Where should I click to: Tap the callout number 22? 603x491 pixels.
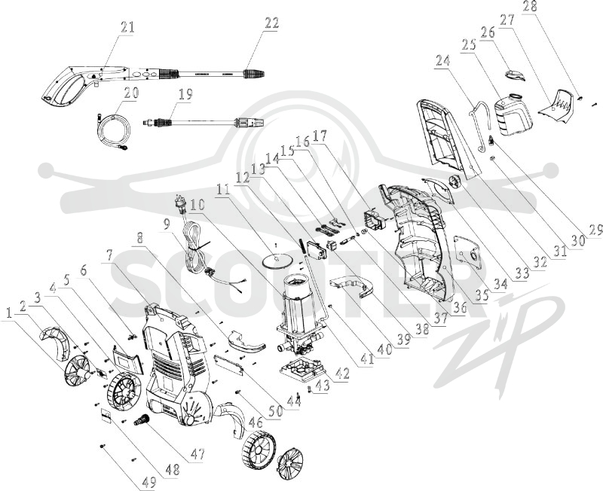(x=271, y=23)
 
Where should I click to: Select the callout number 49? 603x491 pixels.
(x=147, y=482)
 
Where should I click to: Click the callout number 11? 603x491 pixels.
(x=223, y=190)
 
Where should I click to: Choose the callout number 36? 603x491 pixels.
(x=460, y=307)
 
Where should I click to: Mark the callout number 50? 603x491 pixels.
(x=274, y=410)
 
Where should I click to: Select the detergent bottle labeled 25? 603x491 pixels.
(x=513, y=114)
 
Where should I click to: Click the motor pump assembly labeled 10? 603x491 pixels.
(x=298, y=316)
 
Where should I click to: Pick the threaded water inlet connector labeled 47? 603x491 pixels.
(x=141, y=419)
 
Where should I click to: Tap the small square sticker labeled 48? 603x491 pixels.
(x=106, y=415)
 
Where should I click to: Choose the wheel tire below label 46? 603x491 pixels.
(x=259, y=449)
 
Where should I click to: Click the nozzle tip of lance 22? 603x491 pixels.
(x=255, y=73)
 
